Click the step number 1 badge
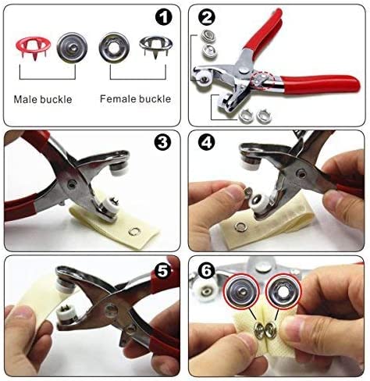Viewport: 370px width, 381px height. [163, 17]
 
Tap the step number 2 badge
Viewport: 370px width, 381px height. [207, 17]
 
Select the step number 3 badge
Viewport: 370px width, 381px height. [162, 142]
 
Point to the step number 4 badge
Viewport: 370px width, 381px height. [207, 142]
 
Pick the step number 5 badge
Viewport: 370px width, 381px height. [163, 271]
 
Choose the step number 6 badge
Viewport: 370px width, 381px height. [207, 271]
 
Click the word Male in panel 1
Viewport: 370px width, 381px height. [25, 99]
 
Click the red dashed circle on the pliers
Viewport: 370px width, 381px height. [263, 80]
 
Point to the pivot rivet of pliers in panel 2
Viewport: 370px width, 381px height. [244, 70]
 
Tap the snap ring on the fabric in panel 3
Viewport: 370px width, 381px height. [134, 231]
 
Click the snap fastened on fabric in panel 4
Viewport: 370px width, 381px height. [240, 227]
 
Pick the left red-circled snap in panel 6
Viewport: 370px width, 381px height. [242, 290]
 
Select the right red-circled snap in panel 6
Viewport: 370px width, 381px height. [283, 291]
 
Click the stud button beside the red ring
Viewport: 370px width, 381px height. [72, 48]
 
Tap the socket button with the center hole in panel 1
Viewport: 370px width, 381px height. [114, 48]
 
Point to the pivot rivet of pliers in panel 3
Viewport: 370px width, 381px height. [72, 184]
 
